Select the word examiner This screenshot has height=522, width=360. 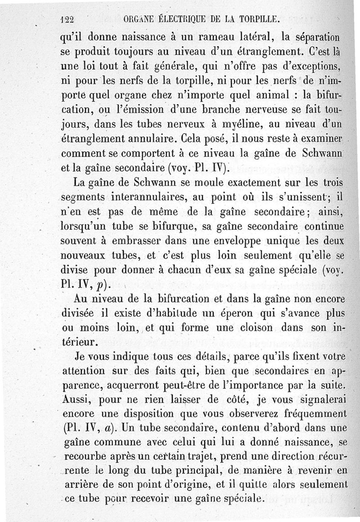(x=317, y=137)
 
